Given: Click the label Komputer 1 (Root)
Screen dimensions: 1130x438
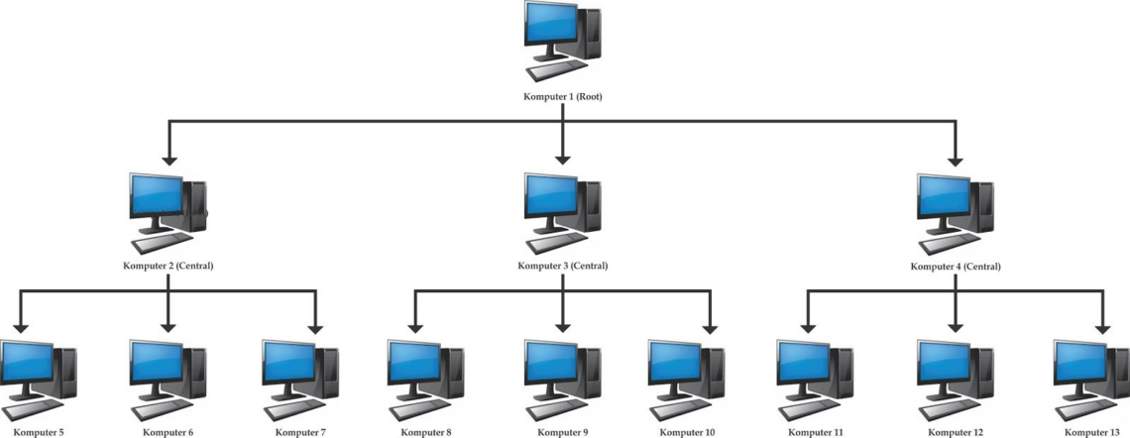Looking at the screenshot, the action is click(562, 96).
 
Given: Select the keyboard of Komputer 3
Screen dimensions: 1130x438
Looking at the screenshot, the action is click(556, 242).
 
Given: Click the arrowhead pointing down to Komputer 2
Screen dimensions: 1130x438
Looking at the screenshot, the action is click(169, 159).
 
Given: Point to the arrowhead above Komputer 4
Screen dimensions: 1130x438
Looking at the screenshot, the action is click(956, 159).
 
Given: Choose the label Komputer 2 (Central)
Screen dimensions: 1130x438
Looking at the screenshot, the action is click(169, 266).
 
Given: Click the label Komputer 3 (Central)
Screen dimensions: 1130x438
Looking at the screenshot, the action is click(563, 266).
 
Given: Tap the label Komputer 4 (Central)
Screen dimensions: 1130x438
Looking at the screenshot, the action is click(956, 267).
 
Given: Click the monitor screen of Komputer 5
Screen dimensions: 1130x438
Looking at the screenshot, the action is click(27, 363).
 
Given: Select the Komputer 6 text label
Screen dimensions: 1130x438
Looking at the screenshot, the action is click(168, 433).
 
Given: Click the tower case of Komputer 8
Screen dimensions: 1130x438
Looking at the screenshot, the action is click(453, 373).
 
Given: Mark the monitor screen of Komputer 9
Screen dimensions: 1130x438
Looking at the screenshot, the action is click(551, 362).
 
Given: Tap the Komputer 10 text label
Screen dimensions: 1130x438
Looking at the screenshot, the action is click(688, 433).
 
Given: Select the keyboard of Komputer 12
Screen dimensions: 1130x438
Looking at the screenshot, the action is click(950, 409).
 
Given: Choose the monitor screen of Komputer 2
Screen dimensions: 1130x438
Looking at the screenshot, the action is click(157, 195).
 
